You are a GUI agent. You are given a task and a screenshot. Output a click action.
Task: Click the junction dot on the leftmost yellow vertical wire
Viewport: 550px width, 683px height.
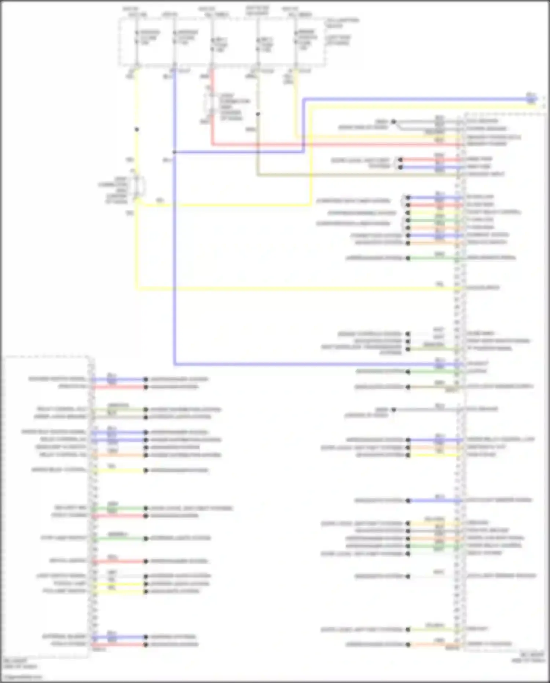137,129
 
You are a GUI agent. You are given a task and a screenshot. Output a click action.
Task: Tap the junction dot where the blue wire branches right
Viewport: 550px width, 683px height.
175,152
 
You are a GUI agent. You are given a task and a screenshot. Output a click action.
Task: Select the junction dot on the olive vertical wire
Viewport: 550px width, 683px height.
258,114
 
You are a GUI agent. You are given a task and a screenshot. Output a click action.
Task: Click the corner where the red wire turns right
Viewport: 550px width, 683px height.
212,144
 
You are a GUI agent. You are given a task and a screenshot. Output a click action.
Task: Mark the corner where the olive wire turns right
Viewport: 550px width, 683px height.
258,175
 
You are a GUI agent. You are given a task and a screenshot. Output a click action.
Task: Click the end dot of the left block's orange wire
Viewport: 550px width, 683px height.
146,455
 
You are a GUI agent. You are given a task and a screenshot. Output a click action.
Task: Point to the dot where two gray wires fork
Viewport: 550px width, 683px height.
393,121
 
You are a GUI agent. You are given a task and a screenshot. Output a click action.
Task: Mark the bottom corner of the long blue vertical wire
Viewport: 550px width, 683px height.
175,364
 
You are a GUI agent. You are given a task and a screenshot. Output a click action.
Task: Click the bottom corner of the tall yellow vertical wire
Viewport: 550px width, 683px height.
137,288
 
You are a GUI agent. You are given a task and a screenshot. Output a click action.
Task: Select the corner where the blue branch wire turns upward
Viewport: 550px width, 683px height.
304,152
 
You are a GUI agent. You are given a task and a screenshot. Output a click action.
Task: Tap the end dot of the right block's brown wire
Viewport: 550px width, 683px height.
408,387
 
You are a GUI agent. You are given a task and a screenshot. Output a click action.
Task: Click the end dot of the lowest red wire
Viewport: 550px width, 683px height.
146,644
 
